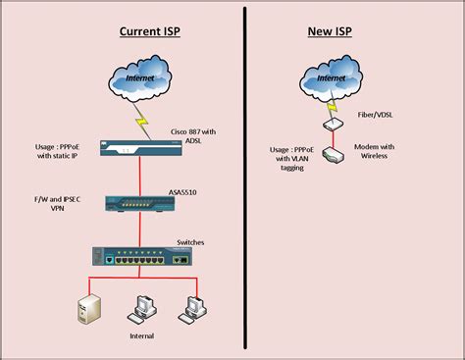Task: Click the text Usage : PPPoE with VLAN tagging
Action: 291,159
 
